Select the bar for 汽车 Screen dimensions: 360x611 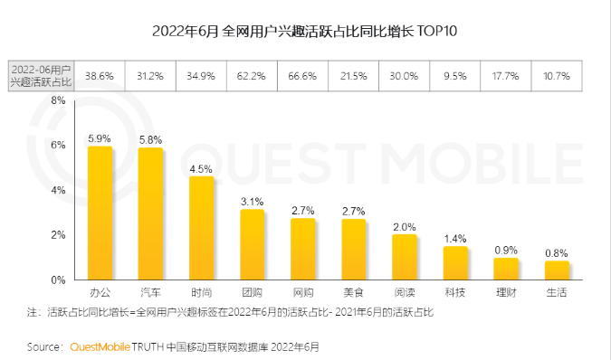[150, 213]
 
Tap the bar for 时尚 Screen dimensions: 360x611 [201, 228]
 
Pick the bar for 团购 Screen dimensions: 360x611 [252, 244]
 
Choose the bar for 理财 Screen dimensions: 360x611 [506, 269]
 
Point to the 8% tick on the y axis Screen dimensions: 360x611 [57, 100]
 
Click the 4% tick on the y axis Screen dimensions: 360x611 [57, 190]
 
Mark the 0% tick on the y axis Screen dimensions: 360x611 [57, 279]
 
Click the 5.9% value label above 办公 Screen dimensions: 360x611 [100, 138]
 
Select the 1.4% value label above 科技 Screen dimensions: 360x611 [455, 238]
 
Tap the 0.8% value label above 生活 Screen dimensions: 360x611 [557, 252]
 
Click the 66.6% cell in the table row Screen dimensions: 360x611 [303, 77]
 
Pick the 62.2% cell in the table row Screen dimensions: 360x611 [253, 77]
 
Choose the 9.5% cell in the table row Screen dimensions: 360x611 [455, 77]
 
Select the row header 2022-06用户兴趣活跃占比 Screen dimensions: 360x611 [42, 77]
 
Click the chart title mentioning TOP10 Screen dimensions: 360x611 [305, 32]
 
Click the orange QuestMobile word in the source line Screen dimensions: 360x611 [100, 346]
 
